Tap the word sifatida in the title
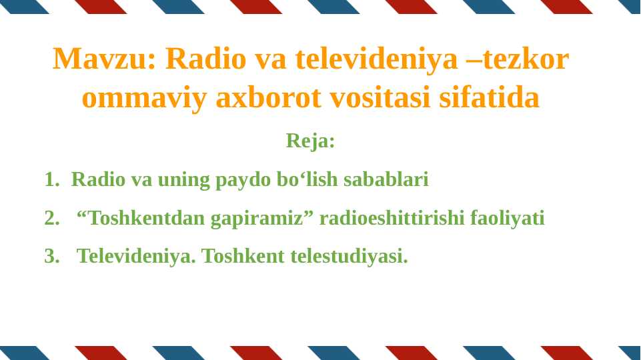click(490, 99)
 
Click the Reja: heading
click(310, 141)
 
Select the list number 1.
click(51, 179)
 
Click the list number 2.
click(51, 218)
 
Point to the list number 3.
click(51, 256)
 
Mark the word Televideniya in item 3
click(136, 256)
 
